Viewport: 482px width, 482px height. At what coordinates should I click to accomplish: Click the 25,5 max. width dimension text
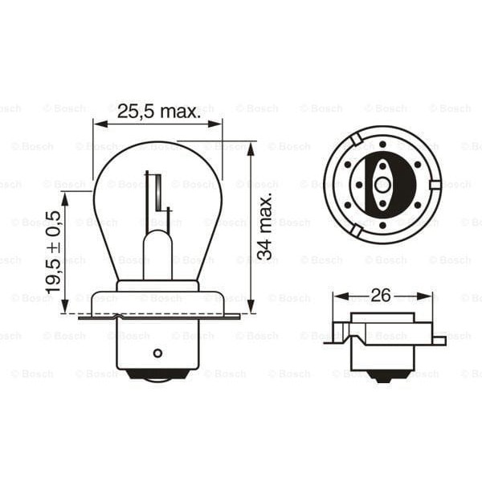tap(158, 112)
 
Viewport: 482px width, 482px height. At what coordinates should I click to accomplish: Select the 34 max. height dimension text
tap(264, 226)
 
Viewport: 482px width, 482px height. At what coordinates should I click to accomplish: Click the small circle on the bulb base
tap(157, 353)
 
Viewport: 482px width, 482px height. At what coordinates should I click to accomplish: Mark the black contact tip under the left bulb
tap(157, 374)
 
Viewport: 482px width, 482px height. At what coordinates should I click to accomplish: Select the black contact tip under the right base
tap(382, 377)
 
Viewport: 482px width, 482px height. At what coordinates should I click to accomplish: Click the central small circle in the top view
tap(382, 185)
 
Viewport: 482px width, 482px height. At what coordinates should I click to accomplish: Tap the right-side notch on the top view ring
tap(435, 185)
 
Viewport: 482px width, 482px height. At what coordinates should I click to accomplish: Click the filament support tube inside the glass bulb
tap(157, 253)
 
